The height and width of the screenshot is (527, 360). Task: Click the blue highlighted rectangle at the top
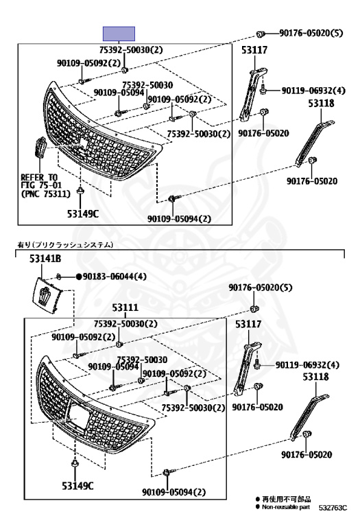119,34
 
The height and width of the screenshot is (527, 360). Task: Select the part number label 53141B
45,259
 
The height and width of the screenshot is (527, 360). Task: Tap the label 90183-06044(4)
115,277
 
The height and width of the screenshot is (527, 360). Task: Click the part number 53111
125,307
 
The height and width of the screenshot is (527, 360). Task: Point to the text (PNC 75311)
46,194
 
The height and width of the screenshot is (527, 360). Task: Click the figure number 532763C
333,508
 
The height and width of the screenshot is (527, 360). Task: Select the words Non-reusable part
286,507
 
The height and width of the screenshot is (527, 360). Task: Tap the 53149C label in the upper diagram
83,213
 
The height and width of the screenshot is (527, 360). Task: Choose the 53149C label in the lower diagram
77,486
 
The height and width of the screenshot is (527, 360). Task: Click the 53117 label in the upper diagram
254,50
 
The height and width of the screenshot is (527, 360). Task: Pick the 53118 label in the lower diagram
315,377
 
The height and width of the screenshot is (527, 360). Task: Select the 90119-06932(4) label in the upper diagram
313,91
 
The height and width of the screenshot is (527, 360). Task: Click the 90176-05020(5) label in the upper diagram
311,33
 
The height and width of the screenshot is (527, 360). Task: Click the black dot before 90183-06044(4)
79,277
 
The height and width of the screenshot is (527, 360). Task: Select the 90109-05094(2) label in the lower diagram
173,493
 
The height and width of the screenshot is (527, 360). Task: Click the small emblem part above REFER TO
40,148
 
